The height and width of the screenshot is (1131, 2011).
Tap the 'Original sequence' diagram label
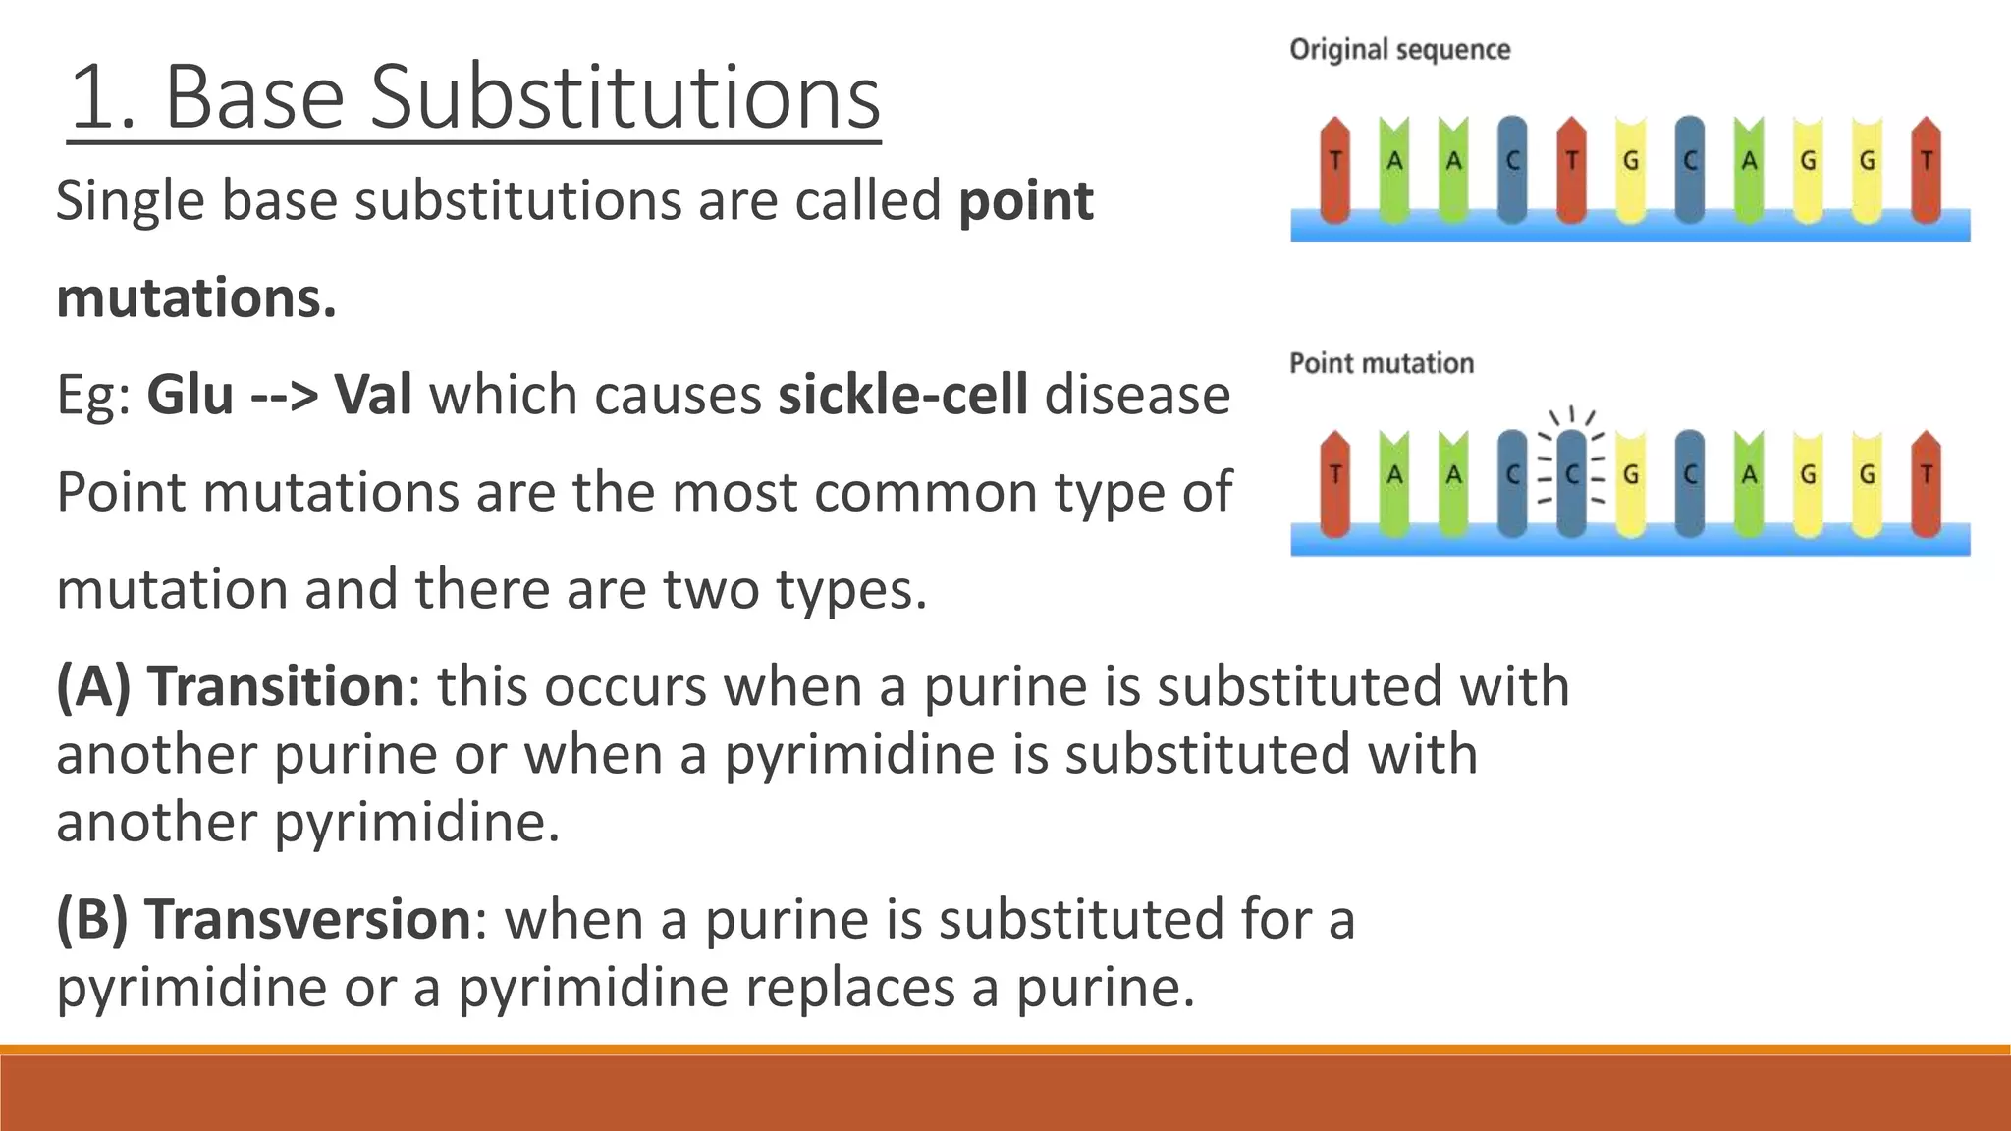[1399, 50]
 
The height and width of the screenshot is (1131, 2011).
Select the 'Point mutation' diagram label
[1381, 363]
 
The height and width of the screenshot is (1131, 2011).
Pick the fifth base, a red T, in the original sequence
[1571, 167]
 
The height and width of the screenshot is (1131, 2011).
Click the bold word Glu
[190, 395]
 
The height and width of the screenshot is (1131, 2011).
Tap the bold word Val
[373, 395]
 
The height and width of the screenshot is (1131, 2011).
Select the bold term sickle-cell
[902, 395]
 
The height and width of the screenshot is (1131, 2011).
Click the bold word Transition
[275, 685]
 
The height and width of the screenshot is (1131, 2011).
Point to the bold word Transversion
[307, 919]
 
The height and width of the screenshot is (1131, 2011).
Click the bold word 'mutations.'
[196, 298]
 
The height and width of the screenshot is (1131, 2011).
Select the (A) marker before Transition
[93, 685]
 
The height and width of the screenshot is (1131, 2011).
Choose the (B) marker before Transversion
[92, 919]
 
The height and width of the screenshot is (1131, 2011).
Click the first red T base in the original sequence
[1334, 167]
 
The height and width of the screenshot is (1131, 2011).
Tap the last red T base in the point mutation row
[1926, 481]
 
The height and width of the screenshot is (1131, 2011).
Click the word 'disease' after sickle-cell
[1137, 395]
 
